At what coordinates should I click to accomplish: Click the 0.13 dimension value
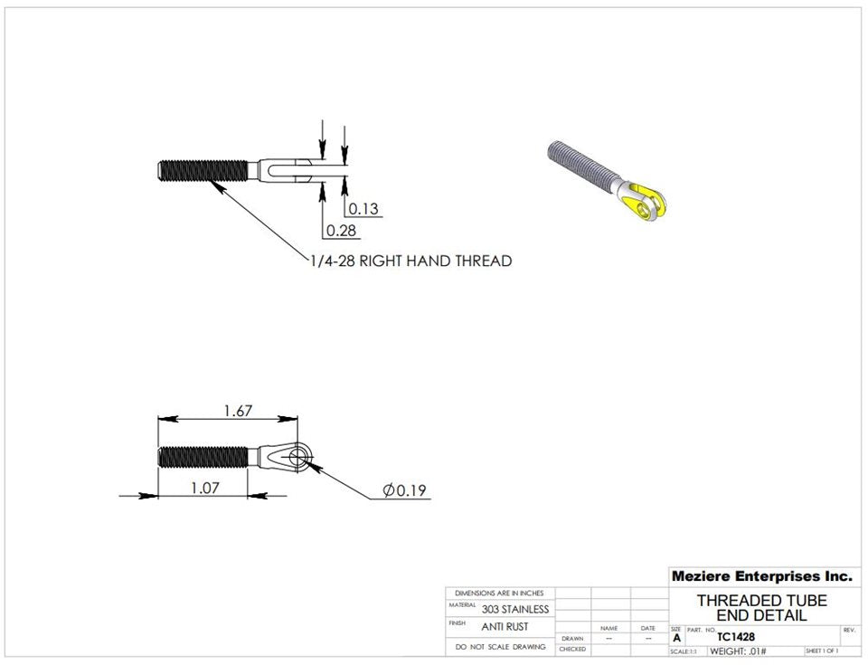click(363, 209)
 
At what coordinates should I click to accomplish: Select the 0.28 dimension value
click(341, 231)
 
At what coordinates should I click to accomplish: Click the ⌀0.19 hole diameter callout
click(404, 490)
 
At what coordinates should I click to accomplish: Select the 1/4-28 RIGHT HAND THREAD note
click(410, 261)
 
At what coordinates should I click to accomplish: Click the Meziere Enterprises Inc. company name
click(761, 575)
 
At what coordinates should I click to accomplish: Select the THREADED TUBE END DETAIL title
click(761, 608)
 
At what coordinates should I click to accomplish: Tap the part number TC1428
click(735, 636)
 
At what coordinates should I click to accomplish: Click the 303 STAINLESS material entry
click(514, 609)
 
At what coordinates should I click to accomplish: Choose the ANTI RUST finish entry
click(505, 626)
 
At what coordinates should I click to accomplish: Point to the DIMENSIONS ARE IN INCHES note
click(499, 593)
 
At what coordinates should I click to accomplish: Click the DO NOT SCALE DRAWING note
click(501, 647)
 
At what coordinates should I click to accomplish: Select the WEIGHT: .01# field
click(738, 651)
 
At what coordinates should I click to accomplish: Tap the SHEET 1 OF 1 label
click(821, 651)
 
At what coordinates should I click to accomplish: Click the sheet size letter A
click(676, 638)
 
